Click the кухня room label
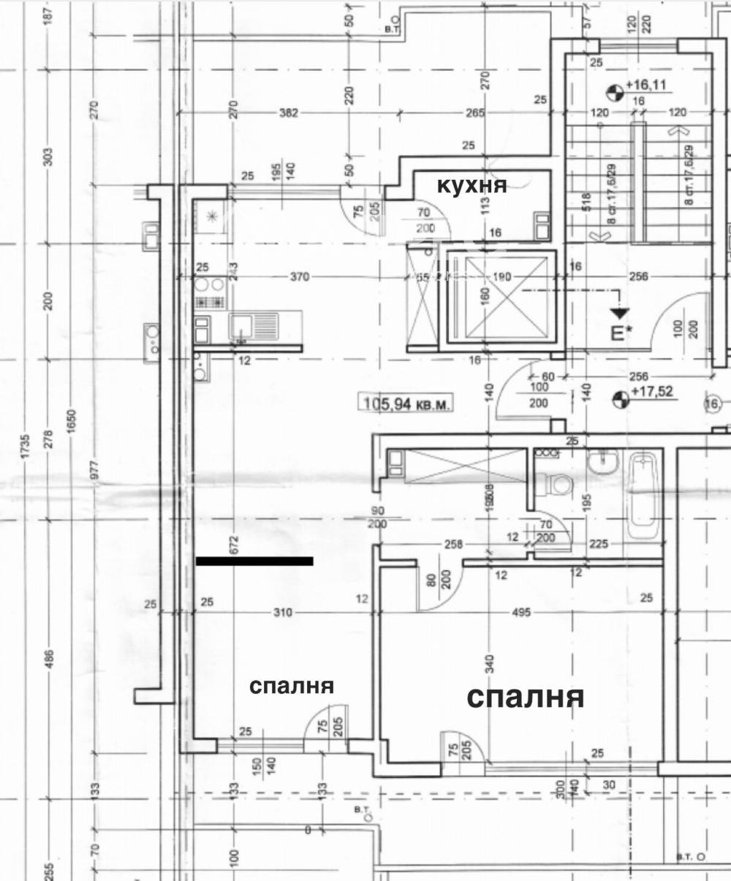point(471,185)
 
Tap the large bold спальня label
point(526,697)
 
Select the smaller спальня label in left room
point(292,687)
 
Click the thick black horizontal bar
point(254,561)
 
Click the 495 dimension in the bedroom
point(522,612)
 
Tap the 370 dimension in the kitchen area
point(300,277)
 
